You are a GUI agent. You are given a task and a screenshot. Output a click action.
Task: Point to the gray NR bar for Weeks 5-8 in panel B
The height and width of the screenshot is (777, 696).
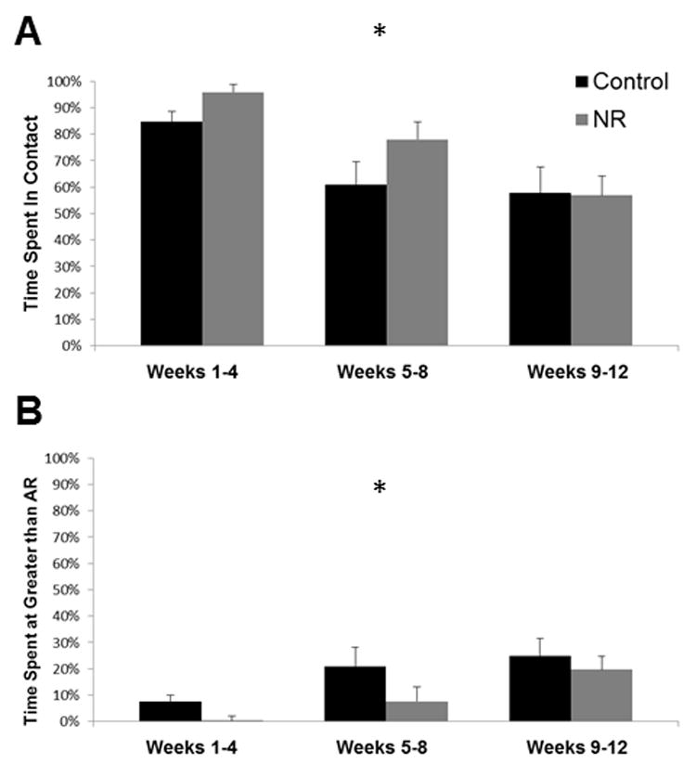pos(417,711)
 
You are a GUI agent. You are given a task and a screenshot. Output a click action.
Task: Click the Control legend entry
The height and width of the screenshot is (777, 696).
pos(616,82)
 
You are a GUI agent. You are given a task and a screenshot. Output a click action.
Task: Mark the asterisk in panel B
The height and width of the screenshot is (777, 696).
pos(379,488)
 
